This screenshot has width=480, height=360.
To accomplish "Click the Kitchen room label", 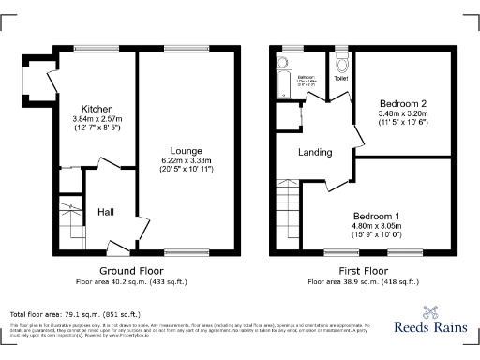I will click(97, 108).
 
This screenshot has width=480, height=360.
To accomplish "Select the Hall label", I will click(106, 212).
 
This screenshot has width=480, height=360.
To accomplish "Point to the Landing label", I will click(313, 152).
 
